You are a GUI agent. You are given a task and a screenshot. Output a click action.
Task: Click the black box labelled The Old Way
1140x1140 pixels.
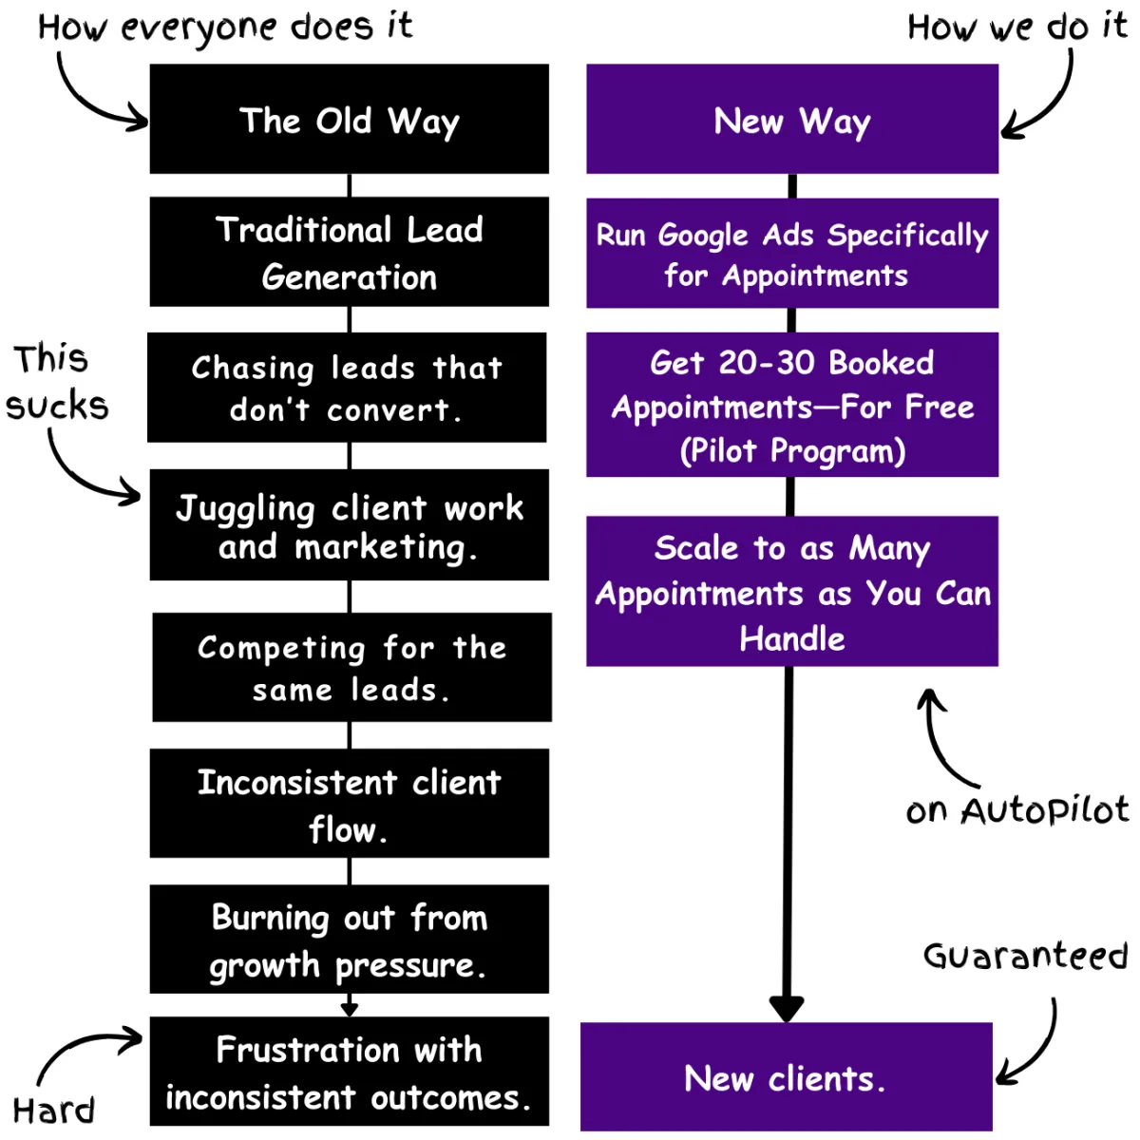tap(349, 119)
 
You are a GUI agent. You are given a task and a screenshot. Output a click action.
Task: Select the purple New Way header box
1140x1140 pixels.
tap(791, 119)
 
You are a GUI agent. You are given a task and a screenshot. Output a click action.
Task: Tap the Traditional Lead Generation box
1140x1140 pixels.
tap(349, 252)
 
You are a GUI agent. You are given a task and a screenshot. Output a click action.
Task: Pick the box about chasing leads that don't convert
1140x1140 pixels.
tap(347, 387)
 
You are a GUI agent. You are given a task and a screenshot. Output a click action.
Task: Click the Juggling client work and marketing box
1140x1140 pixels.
tap(349, 524)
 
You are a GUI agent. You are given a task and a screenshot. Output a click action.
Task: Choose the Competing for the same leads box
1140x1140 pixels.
tap(351, 667)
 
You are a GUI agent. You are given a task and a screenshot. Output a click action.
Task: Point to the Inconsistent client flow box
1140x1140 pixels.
tap(349, 803)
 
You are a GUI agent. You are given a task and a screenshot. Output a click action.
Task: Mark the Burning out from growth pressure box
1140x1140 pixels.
tap(349, 939)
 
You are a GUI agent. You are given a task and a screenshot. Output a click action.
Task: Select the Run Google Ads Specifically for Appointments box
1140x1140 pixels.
tap(791, 253)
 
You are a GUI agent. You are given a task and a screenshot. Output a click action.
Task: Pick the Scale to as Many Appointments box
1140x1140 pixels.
tap(791, 591)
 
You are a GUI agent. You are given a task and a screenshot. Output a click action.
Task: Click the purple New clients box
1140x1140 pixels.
tap(786, 1077)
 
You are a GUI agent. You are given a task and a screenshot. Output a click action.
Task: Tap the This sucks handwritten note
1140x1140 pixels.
tap(57, 382)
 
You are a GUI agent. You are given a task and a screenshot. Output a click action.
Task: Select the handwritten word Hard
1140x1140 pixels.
tap(54, 1111)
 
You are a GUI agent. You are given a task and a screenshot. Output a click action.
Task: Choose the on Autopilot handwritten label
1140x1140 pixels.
tap(1016, 810)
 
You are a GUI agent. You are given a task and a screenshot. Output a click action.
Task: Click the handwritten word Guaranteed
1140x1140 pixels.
tap(1025, 956)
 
